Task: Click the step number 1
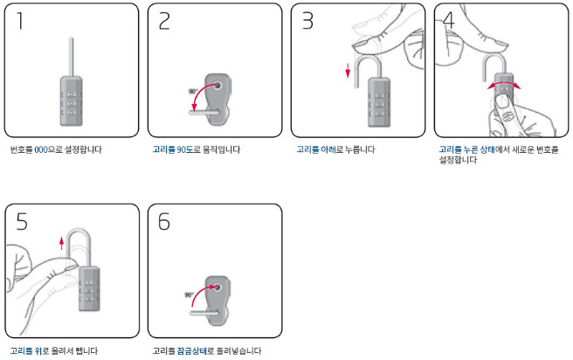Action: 20,20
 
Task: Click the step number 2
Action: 164,21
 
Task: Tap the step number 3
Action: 307,21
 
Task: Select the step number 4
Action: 449,21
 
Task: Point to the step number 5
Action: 22,221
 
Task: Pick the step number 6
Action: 164,221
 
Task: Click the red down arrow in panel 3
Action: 348,71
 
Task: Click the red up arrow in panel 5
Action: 61,243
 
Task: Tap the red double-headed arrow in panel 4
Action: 504,85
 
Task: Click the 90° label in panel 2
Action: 192,92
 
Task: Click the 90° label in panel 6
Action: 189,294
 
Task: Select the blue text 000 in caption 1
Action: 41,149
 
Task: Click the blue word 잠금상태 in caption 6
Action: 192,351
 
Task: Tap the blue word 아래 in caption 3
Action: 328,149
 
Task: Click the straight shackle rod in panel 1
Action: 72,57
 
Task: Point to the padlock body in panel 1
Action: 72,100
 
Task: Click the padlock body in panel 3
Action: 379,102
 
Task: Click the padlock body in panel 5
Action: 89,288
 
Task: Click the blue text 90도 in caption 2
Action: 185,149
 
